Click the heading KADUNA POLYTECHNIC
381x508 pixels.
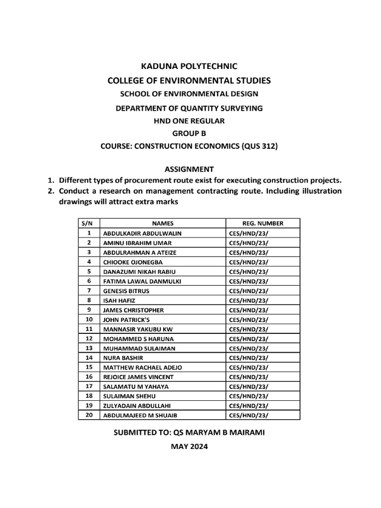190,65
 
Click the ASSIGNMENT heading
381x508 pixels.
190,169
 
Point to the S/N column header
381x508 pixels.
89,223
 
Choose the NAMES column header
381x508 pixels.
163,223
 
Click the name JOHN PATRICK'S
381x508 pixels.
126,319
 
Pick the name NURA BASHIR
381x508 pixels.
123,358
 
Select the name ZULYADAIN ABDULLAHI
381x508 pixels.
134,406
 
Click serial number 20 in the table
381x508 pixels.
89,415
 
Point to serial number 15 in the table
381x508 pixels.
89,367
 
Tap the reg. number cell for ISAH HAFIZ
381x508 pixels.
249,300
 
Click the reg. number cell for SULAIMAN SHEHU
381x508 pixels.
249,396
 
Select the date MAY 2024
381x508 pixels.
190,446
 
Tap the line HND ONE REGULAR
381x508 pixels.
190,121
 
